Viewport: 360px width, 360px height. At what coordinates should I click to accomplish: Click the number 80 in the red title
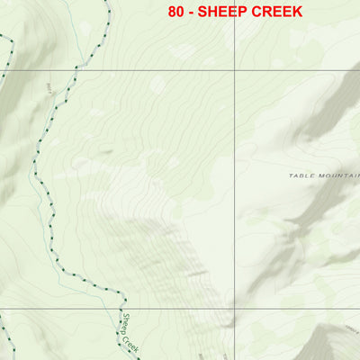tap(176, 12)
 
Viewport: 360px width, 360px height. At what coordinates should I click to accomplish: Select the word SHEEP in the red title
tap(225, 12)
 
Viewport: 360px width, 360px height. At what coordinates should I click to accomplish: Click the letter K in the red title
tap(297, 12)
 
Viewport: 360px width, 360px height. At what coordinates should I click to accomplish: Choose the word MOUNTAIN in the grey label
tap(337, 177)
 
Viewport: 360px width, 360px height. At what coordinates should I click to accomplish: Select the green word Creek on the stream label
tap(131, 343)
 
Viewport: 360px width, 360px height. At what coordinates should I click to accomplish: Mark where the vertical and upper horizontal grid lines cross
tap(236, 70)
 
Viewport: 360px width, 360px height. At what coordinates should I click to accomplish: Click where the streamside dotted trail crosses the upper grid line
tap(79, 70)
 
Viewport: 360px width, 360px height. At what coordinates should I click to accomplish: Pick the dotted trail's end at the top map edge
tap(107, 2)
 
